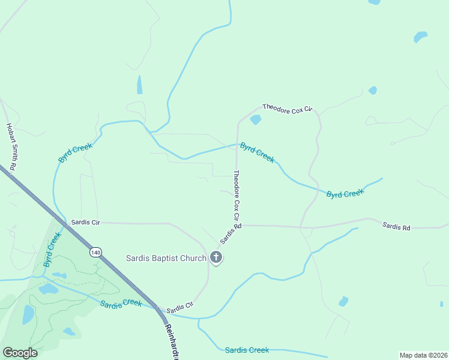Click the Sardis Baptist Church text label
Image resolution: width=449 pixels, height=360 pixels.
coord(166,258)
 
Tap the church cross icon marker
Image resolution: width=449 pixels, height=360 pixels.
coord(216,258)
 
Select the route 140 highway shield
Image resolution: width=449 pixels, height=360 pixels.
coord(95,252)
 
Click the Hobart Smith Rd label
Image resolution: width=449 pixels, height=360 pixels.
coord(10,146)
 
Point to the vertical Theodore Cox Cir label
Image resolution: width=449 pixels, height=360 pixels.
coord(237,194)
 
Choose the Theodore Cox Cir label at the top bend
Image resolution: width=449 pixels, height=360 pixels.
coord(288,108)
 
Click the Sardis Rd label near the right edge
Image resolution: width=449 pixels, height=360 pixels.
coord(396,227)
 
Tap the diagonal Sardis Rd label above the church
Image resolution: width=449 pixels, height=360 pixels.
coord(231,233)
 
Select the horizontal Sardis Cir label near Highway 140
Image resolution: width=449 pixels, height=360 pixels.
coord(85,222)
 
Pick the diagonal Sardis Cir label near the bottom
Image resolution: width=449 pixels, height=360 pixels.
coord(179,308)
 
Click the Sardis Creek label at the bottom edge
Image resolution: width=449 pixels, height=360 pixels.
coord(247,350)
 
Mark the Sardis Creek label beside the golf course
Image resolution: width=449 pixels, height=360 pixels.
coord(121,304)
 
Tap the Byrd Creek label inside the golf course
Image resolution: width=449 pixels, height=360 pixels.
coord(52,250)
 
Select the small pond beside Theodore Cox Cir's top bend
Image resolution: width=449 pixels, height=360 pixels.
coord(256,119)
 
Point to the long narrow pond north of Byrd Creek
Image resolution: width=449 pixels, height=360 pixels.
coord(139,85)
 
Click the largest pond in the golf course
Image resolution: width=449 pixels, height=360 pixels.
coord(28,314)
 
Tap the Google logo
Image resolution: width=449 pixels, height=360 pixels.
coord(20,353)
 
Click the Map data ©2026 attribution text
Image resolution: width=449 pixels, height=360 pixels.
coord(423,355)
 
